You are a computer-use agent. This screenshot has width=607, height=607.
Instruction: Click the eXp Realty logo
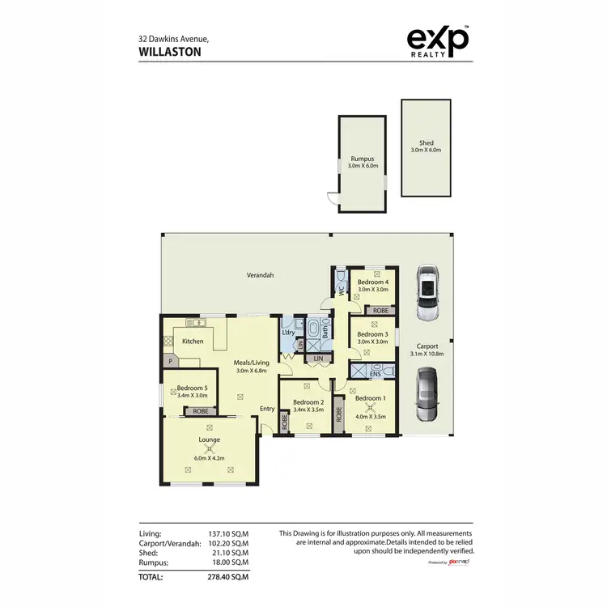coord(436,42)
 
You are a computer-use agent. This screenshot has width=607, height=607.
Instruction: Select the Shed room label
coord(426,143)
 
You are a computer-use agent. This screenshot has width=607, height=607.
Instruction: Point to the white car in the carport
coord(427,294)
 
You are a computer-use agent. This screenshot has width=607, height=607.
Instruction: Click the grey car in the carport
coord(427,395)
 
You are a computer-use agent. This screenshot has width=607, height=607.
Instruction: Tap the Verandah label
coord(260,275)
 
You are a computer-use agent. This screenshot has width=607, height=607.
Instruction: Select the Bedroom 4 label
coord(373,282)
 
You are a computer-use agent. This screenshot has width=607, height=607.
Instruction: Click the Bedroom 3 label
coord(373,334)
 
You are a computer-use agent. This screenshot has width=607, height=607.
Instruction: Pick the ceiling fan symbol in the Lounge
coord(210,448)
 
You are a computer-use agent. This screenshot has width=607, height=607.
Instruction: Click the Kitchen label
coord(193,342)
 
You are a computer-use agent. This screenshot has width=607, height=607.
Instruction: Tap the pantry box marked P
coord(171,362)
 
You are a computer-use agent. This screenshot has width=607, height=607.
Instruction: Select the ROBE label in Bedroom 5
coord(199,412)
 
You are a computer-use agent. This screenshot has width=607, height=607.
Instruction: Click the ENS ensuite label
coord(375,375)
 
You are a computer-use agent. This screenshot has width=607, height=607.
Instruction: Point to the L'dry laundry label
coord(287,333)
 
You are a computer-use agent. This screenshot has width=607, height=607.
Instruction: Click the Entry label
coord(267,409)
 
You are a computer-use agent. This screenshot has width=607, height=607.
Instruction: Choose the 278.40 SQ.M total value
coord(227,577)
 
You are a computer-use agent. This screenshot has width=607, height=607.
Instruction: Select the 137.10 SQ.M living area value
coord(227,534)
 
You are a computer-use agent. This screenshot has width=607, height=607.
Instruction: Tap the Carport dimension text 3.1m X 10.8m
coord(427,354)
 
